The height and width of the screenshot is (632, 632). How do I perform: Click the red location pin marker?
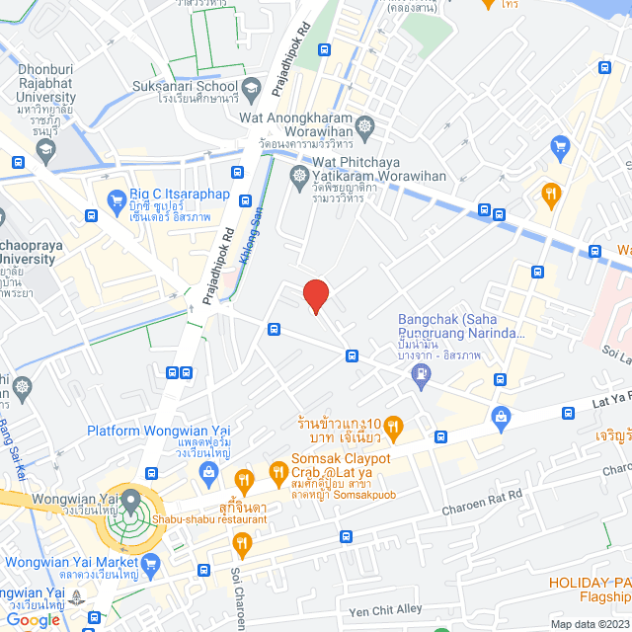point(315,295)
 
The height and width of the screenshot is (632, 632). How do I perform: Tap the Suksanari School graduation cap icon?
point(252,87)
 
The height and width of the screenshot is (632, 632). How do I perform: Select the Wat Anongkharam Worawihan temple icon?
point(366,126)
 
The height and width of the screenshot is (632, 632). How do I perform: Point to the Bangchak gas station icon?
point(423,374)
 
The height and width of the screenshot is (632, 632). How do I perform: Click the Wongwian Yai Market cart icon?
point(151,564)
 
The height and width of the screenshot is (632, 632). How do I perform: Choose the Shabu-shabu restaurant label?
point(208,519)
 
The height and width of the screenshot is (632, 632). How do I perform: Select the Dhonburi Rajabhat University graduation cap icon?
point(44,149)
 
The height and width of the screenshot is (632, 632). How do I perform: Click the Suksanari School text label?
point(186,86)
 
